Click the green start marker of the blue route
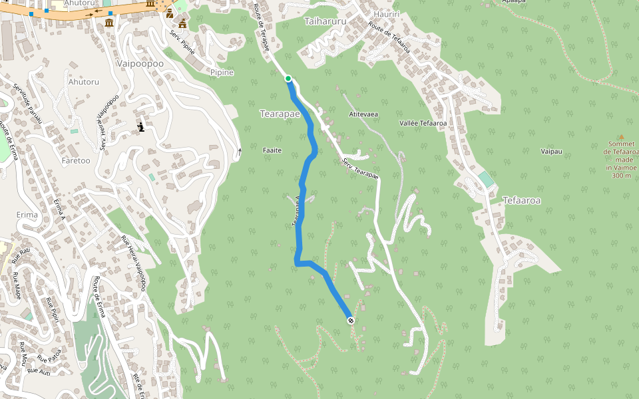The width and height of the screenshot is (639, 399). pos(288,79)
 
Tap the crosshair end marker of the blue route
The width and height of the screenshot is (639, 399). pos(351,321)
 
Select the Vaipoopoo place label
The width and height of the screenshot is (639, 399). pos(139,63)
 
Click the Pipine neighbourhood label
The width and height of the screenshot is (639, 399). pos(222,72)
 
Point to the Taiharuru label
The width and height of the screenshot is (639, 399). pos(325,21)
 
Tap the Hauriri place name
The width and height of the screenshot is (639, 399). pos(387,13)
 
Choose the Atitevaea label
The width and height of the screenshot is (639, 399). pos(363,114)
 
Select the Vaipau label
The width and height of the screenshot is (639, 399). pos(552,152)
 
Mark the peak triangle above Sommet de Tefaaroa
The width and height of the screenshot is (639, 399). pos(622,136)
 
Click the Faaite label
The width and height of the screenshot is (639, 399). pos(272,150)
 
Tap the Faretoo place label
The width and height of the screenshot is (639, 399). pos(75,160)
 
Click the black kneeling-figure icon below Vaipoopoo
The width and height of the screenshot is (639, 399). pos(140,126)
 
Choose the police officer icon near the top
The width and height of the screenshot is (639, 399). pos(170,13)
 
